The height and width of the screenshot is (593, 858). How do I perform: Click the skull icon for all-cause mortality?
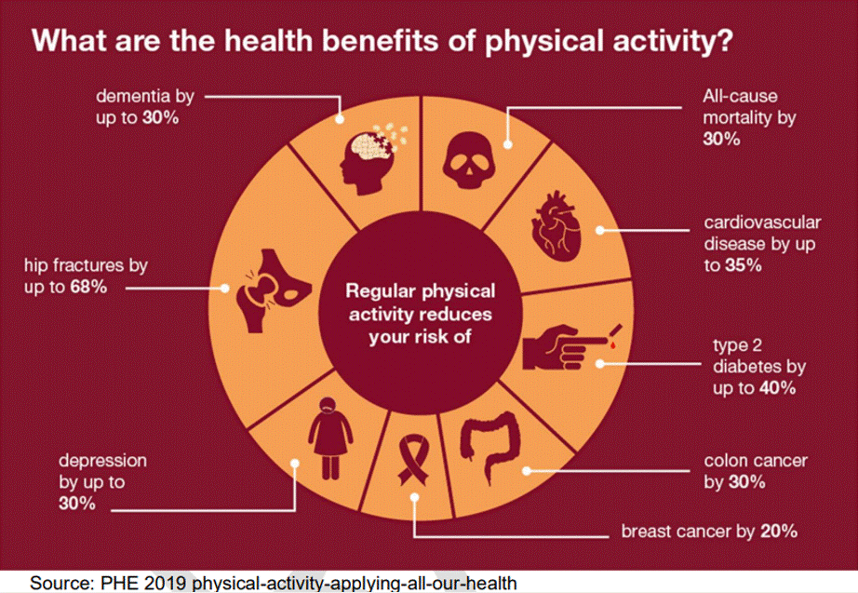tap(469, 160)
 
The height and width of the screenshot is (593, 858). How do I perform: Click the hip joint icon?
tap(274, 290)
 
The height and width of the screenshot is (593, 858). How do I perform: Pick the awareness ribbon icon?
tap(414, 459)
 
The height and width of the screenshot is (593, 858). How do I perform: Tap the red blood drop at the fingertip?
tap(613, 345)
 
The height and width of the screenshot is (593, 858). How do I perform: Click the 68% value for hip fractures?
tap(88, 287)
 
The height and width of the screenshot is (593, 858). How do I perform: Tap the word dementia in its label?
tap(133, 96)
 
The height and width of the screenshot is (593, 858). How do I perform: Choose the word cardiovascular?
tap(762, 222)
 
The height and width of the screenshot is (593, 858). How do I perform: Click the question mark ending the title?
tap(723, 41)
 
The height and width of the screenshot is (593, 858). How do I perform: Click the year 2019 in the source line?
tap(167, 583)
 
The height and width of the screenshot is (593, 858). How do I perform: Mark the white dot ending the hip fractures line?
tap(224, 288)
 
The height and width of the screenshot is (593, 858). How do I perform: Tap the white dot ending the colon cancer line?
tap(527, 470)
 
